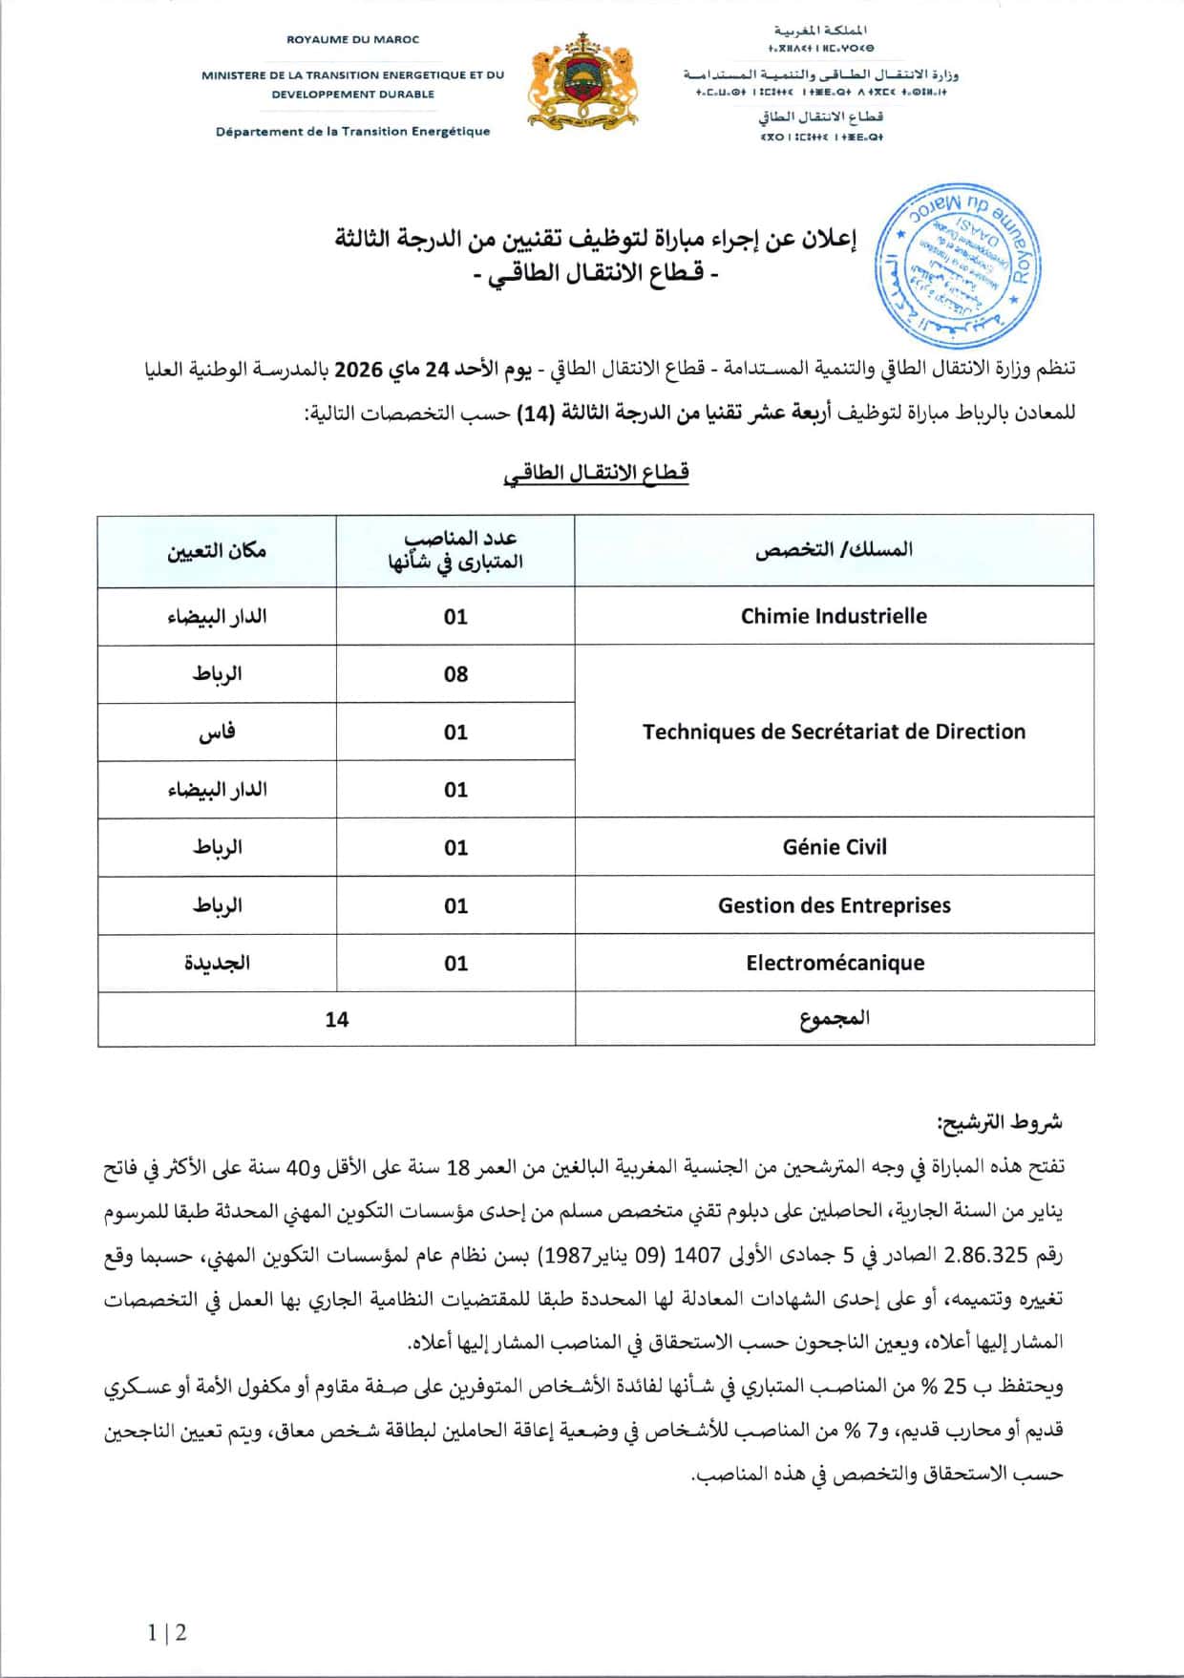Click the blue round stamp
[x=958, y=266]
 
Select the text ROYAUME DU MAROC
[x=352, y=40]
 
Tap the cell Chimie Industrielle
[x=834, y=616]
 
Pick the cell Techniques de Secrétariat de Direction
[x=834, y=732]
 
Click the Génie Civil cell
[x=834, y=847]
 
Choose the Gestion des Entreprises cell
[x=834, y=905]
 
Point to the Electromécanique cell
[x=834, y=963]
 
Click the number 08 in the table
[x=455, y=674]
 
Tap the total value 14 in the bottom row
[x=336, y=1019]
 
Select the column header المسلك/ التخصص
[x=834, y=550]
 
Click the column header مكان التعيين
[x=217, y=551]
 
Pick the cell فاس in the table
[x=217, y=733]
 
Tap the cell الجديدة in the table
[x=217, y=963]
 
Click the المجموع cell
[x=834, y=1019]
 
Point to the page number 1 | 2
[x=167, y=1632]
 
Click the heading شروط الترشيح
[x=999, y=1122]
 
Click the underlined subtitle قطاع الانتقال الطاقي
[x=596, y=473]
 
